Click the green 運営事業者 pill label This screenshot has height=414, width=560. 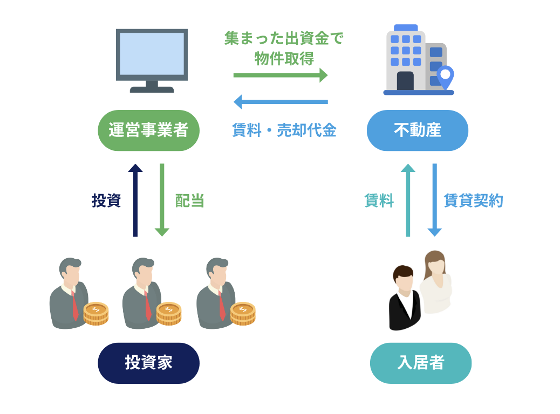[x=148, y=130]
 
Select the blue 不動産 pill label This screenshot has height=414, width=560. [x=417, y=130]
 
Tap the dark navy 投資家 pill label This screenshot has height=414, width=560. [x=148, y=363]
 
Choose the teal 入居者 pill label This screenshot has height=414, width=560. [x=420, y=363]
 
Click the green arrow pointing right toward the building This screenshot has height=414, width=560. [x=281, y=75]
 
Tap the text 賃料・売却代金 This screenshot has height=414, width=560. [x=284, y=130]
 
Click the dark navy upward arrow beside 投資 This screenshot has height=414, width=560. [x=135, y=200]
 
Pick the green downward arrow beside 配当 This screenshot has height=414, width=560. [x=162, y=200]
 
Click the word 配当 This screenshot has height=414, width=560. [x=189, y=201]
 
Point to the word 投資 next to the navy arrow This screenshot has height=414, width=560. [x=106, y=201]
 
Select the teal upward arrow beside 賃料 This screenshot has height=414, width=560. [x=408, y=200]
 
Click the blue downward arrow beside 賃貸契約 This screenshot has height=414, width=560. [x=435, y=200]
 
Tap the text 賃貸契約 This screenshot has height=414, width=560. [x=473, y=201]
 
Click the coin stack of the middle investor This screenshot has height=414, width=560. [x=169, y=313]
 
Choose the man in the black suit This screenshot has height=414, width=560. [x=404, y=299]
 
